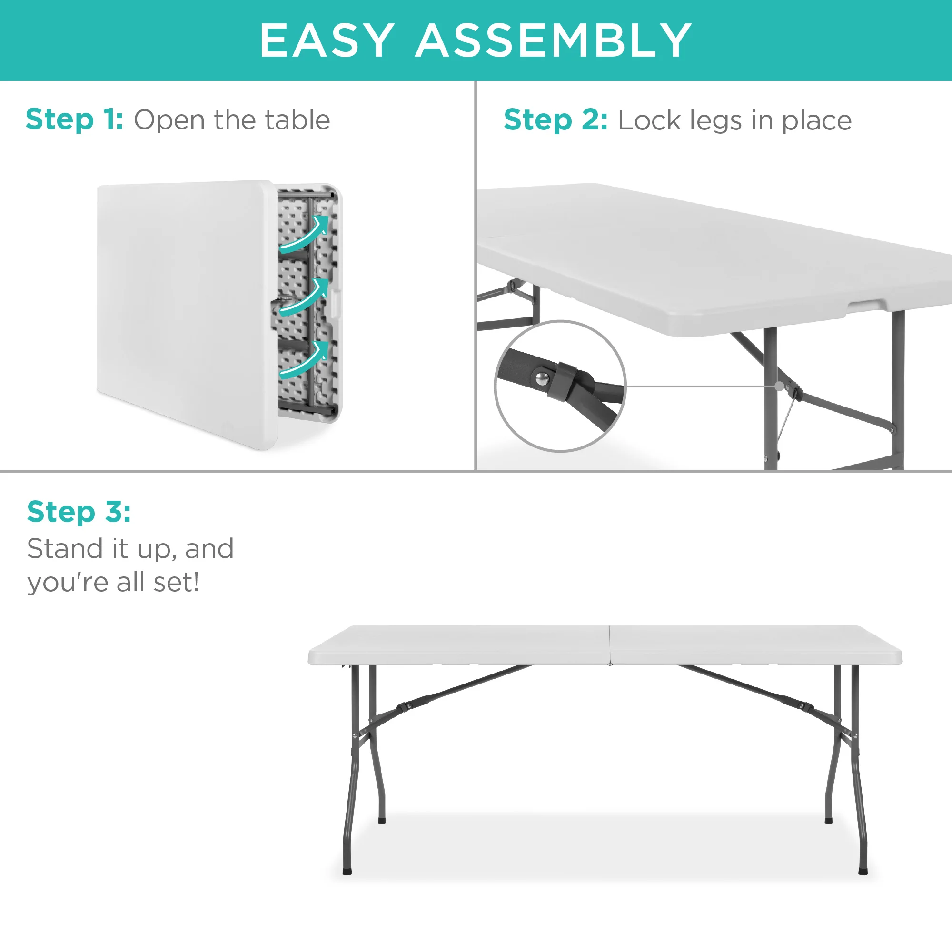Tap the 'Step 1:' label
click(74, 120)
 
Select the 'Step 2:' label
click(555, 121)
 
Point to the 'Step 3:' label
click(79, 512)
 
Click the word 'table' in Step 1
click(297, 120)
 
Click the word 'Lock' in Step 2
click(649, 121)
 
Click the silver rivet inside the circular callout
click(542, 378)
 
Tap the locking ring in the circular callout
click(563, 382)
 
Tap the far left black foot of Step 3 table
click(347, 871)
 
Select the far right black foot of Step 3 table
click(863, 871)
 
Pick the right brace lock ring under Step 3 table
click(807, 707)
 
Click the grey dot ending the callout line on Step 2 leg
click(780, 386)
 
